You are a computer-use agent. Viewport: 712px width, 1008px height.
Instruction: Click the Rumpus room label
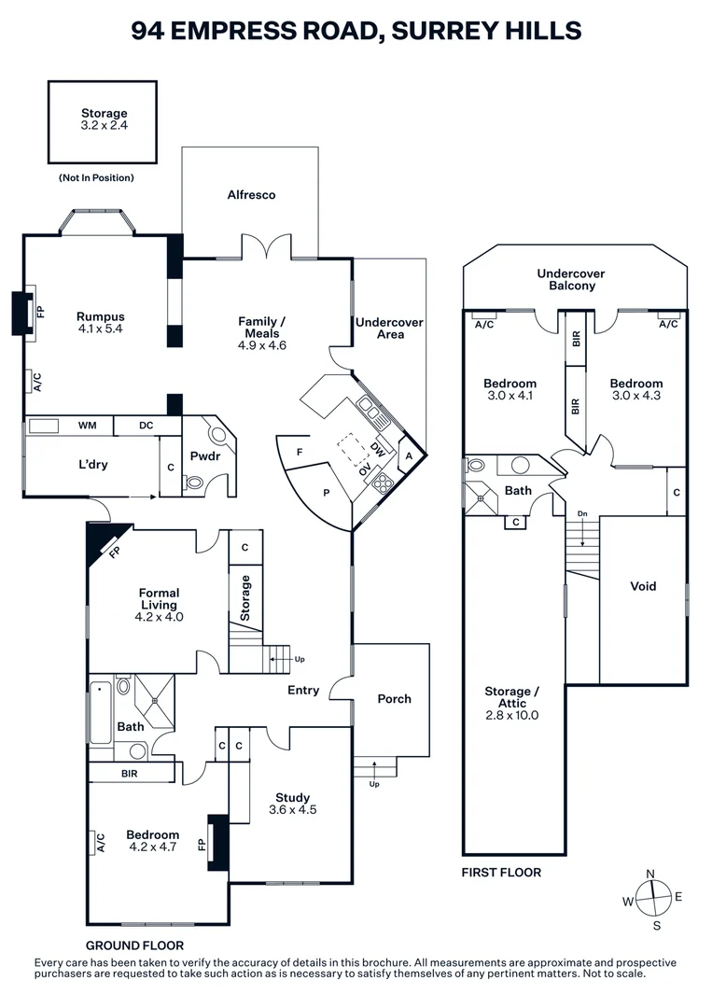coord(101,316)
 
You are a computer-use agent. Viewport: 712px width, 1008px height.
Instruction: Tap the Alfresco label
coord(251,195)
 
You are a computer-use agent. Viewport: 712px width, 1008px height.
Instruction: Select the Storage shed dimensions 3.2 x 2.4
coord(104,127)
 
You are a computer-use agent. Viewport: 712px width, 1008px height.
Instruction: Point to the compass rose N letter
coord(650,874)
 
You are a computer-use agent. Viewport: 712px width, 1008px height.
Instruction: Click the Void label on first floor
coord(643,586)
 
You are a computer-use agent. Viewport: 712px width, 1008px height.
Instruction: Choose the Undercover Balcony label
coord(571,280)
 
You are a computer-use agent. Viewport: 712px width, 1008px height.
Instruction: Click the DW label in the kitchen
coord(377,449)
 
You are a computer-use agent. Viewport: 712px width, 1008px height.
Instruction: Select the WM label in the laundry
coord(87,427)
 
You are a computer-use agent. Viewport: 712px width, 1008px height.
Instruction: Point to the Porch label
coord(394,699)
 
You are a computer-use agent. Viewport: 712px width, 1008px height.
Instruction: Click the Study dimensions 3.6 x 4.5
coord(292,810)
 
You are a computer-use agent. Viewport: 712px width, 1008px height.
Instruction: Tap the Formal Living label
coord(159,598)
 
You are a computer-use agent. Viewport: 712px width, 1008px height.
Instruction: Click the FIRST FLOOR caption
coord(501,873)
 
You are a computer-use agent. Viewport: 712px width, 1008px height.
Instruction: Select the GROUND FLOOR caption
coord(134,945)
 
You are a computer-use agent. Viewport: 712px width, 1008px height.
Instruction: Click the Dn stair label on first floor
coord(583,513)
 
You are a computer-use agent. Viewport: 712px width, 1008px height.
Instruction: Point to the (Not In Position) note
coord(96,177)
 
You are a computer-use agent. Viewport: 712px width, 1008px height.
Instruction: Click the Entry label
coord(303,691)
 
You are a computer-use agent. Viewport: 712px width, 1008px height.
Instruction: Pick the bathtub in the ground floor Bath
coord(99,712)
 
